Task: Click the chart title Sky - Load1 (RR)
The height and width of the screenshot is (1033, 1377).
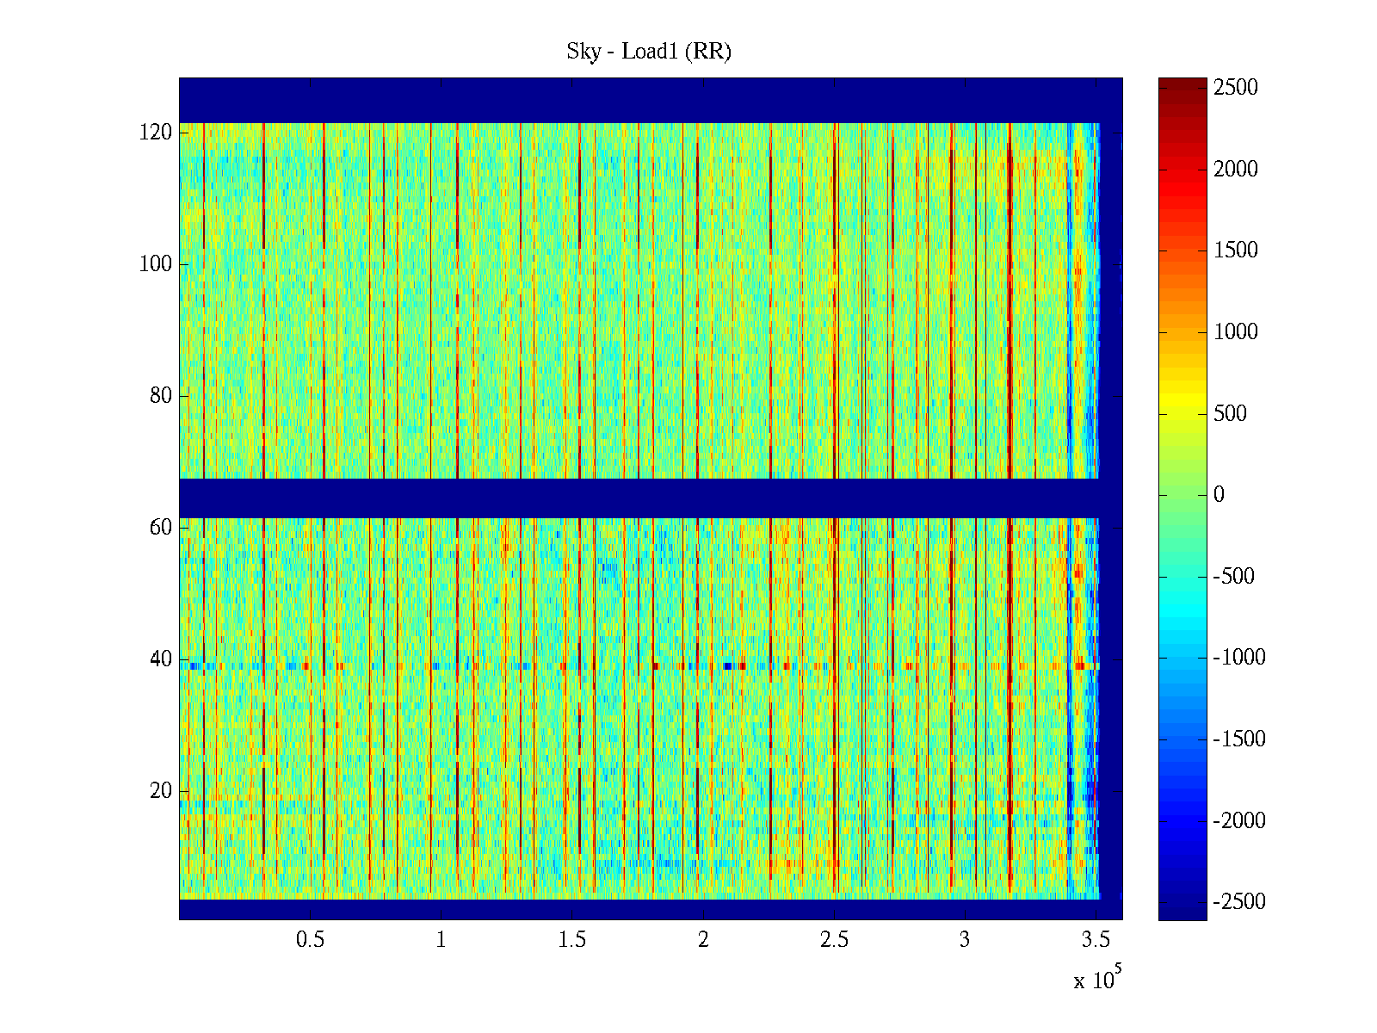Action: click(x=648, y=52)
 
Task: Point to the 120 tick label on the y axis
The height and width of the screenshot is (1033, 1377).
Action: click(x=156, y=133)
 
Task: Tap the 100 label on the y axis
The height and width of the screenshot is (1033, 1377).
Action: click(x=156, y=264)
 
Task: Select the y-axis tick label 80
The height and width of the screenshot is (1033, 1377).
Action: click(x=161, y=396)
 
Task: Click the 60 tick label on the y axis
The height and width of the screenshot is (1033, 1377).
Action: click(x=161, y=528)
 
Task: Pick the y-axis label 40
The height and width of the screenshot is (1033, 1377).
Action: click(x=161, y=659)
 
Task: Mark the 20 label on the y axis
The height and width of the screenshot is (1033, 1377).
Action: click(x=161, y=791)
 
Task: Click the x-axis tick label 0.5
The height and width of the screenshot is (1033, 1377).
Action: click(x=310, y=940)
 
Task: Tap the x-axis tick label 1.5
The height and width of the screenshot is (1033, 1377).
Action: click(x=572, y=940)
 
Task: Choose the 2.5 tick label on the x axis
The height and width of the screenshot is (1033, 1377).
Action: click(x=834, y=940)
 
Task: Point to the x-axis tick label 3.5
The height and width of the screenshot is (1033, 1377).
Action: click(x=1096, y=940)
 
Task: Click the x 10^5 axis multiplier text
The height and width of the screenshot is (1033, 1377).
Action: click(x=1096, y=980)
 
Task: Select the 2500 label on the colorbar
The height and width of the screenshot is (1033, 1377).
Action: click(x=1236, y=88)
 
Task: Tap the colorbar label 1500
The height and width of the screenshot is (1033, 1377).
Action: click(x=1236, y=251)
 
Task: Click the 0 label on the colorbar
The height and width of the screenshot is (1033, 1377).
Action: click(x=1219, y=495)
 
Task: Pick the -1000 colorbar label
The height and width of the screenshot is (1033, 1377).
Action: click(x=1239, y=658)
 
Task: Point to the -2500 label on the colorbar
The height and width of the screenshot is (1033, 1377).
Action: click(x=1239, y=902)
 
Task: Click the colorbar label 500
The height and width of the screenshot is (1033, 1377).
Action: click(x=1231, y=414)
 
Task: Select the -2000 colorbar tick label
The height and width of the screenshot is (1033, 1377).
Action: click(x=1239, y=820)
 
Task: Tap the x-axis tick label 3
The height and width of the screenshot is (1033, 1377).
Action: click(x=965, y=940)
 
